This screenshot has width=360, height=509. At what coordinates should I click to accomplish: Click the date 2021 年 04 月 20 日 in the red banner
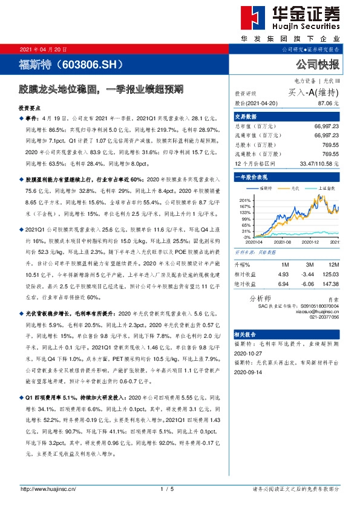coord(43,49)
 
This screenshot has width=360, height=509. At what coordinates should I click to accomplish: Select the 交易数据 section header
coord(246,117)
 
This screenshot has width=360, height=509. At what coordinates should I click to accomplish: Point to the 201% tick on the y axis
coord(245,200)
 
